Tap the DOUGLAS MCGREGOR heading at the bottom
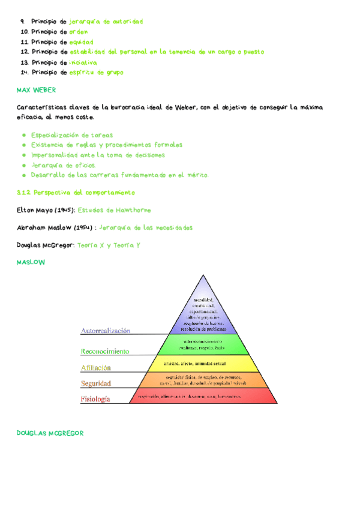click(50, 433)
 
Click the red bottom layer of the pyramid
click(198, 396)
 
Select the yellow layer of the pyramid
click(198, 363)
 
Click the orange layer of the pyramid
click(198, 379)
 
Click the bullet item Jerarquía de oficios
click(63, 165)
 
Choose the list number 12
click(24, 52)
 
